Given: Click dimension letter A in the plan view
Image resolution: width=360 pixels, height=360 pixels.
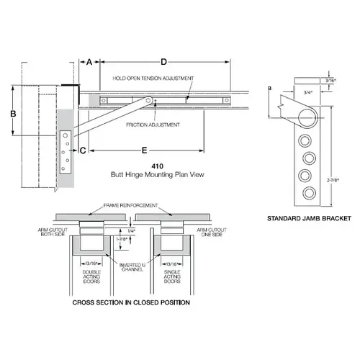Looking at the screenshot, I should [x=89, y=63].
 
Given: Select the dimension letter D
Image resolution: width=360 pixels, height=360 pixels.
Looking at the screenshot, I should [x=163, y=63].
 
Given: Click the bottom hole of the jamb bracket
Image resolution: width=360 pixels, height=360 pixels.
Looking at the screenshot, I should [x=308, y=192].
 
